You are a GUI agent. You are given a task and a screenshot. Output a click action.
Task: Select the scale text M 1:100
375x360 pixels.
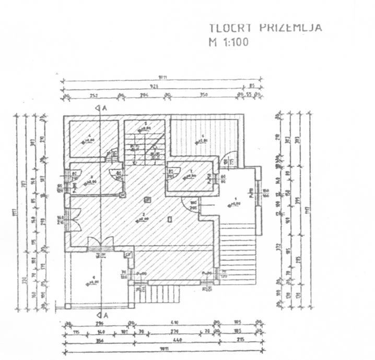(x=228, y=42)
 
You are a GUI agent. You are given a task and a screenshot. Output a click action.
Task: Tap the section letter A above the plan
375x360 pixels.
(x=104, y=107)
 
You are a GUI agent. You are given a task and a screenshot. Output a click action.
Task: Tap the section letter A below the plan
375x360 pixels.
(x=104, y=315)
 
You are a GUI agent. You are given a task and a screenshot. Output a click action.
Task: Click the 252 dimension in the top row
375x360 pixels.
(x=94, y=95)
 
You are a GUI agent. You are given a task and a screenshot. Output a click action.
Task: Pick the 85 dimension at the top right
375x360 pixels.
(x=251, y=86)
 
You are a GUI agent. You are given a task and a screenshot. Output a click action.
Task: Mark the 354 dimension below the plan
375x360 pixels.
(x=99, y=342)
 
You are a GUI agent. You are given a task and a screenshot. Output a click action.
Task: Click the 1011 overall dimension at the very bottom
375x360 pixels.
(x=162, y=352)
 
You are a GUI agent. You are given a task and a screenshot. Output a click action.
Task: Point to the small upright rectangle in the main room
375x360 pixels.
(x=170, y=220)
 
